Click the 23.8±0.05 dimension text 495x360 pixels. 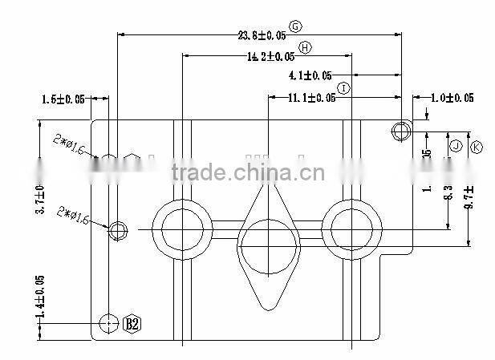tap(262, 34)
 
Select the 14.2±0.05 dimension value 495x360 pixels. tap(270, 56)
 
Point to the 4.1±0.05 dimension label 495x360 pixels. tap(310, 76)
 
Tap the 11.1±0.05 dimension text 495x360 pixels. tap(311, 98)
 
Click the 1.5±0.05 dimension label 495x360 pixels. tap(63, 99)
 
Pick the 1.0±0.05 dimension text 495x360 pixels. tap(452, 98)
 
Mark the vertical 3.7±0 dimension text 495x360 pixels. tap(40, 200)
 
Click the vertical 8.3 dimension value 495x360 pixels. tap(448, 192)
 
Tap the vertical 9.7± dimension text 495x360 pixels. tap(469, 196)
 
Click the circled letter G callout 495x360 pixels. tap(295, 26)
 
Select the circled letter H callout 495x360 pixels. tap(304, 48)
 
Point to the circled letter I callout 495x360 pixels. tap(343, 87)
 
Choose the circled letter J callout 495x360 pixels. tap(455, 146)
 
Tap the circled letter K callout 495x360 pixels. tap(476, 147)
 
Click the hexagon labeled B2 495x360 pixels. tap(132, 324)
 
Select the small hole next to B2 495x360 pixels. tap(109, 323)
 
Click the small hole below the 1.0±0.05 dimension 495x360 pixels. tap(401, 130)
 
